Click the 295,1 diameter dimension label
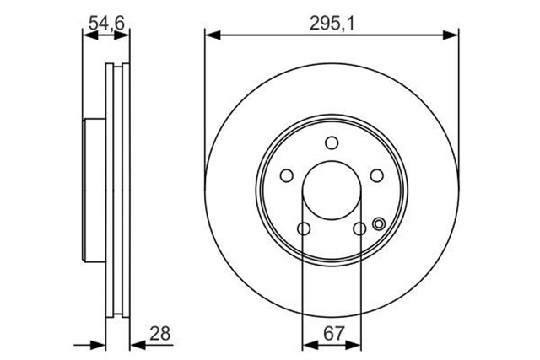click(x=332, y=24)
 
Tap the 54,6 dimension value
click(x=106, y=23)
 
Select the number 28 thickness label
click(x=160, y=333)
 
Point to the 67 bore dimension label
click(x=334, y=333)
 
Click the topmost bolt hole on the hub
click(x=332, y=142)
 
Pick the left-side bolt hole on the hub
click(x=287, y=175)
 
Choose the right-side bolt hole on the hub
click(x=377, y=175)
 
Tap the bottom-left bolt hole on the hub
click(x=304, y=228)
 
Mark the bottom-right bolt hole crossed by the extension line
click(x=359, y=228)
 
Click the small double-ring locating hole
click(x=379, y=224)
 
